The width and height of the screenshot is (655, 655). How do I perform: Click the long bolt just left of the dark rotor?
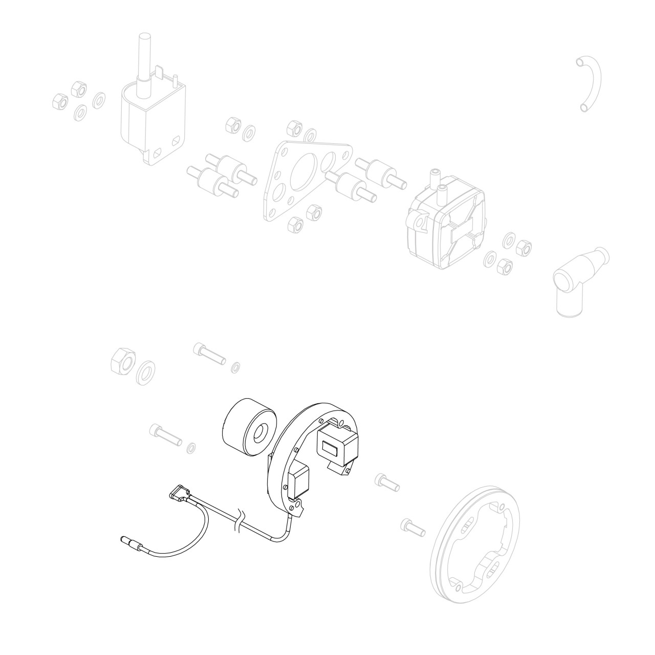click(165, 435)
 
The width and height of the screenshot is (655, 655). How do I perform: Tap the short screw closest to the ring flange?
click(412, 528)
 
